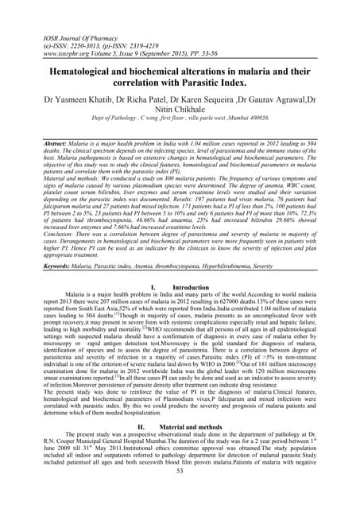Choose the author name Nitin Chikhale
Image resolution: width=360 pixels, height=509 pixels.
[180, 114]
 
